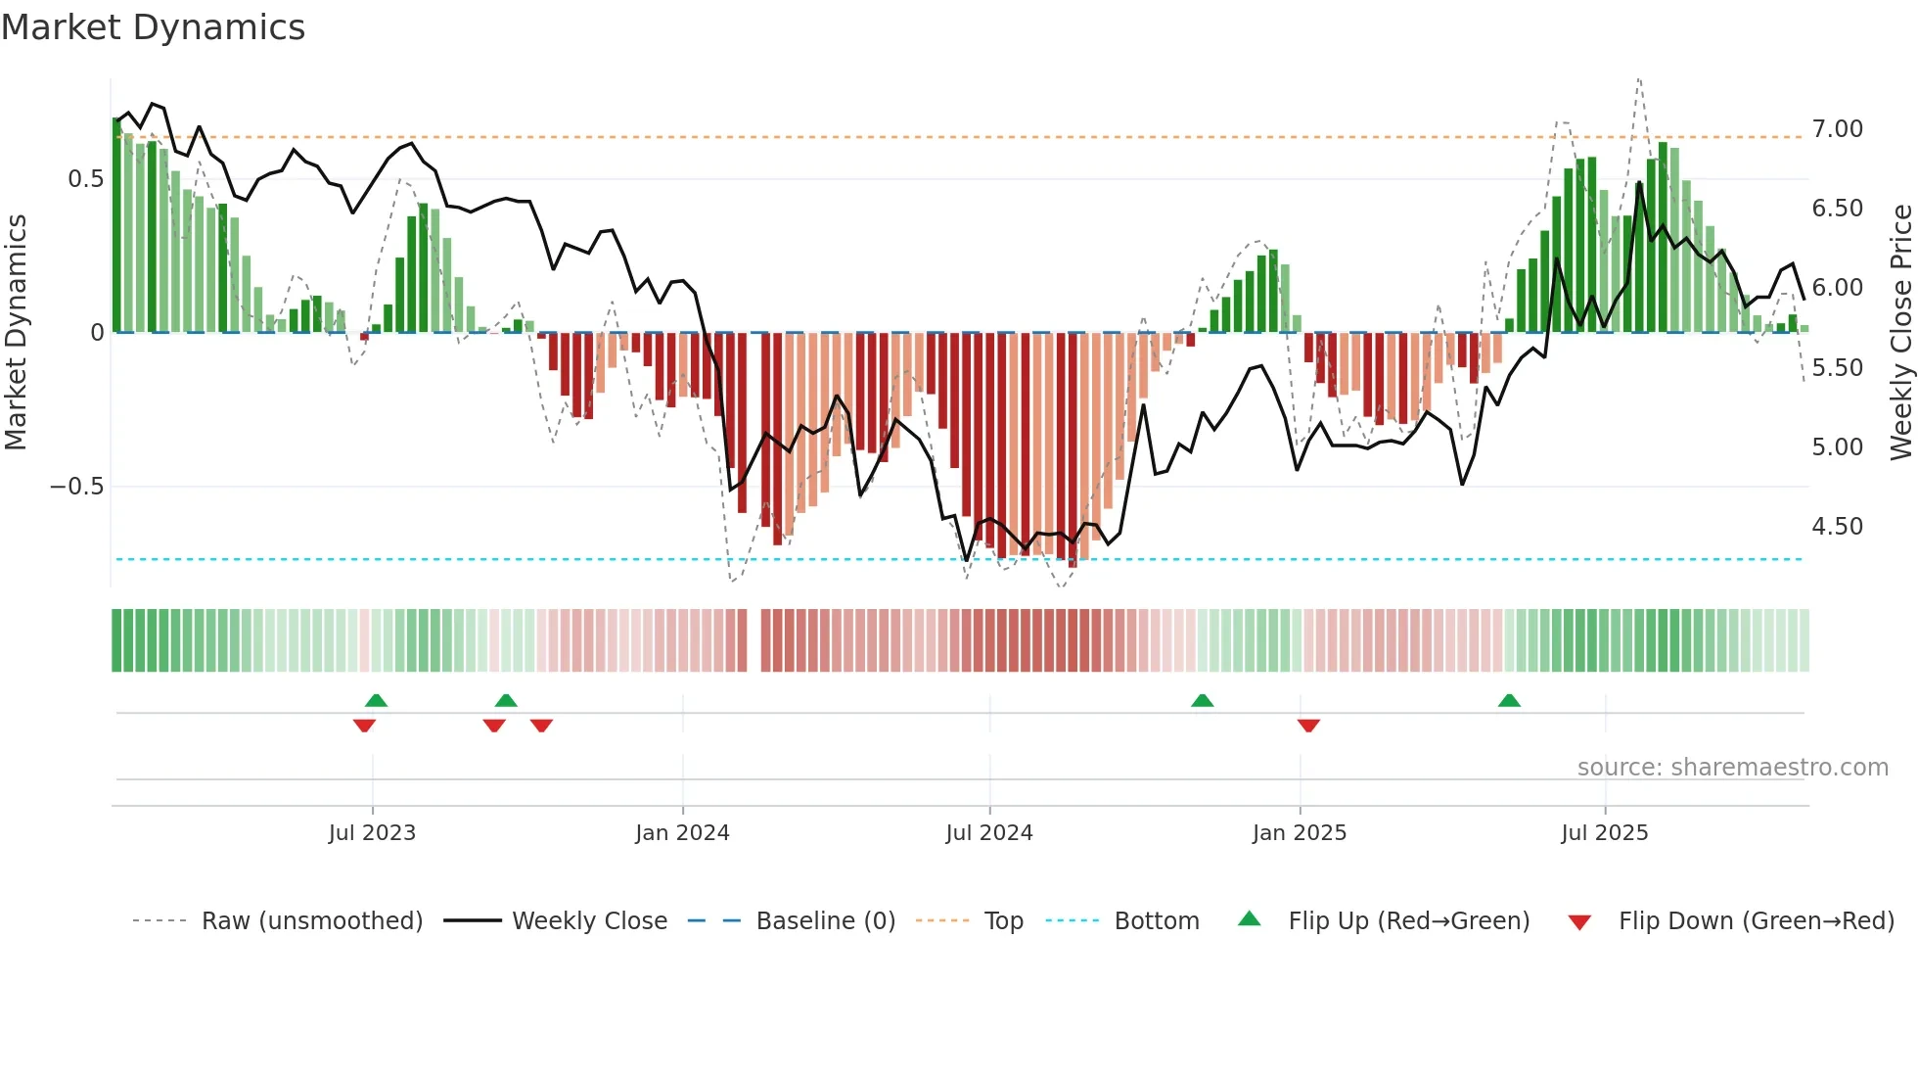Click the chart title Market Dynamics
point(153,27)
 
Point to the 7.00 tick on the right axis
point(1837,129)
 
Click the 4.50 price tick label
point(1837,527)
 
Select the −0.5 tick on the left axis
point(76,487)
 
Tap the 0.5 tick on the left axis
point(85,179)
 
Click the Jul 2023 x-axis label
point(372,833)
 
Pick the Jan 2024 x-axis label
point(682,833)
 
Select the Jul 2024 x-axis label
point(988,833)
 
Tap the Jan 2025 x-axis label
point(1299,833)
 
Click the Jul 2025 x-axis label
point(1604,833)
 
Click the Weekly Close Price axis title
point(1900,332)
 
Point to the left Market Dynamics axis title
point(16,332)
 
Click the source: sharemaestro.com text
point(1732,768)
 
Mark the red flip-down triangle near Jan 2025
point(1308,726)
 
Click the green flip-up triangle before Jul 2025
point(1509,700)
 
